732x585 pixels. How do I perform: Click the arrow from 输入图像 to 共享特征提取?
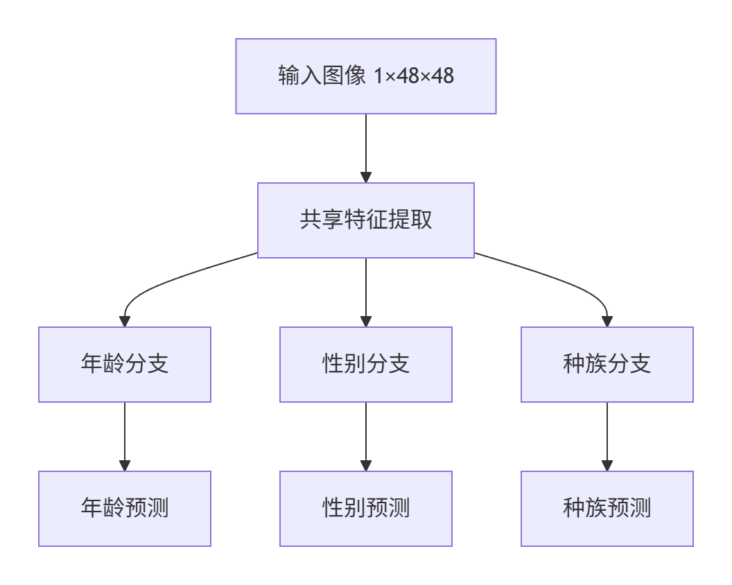[x=366, y=146]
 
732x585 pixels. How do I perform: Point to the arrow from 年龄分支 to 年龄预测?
[x=125, y=433]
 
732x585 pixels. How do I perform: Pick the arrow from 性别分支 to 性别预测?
[x=366, y=433]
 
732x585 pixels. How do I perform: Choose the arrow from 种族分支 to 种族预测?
[x=607, y=433]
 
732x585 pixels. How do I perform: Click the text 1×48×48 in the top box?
[x=414, y=76]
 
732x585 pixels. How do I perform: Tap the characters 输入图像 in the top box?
[x=322, y=76]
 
